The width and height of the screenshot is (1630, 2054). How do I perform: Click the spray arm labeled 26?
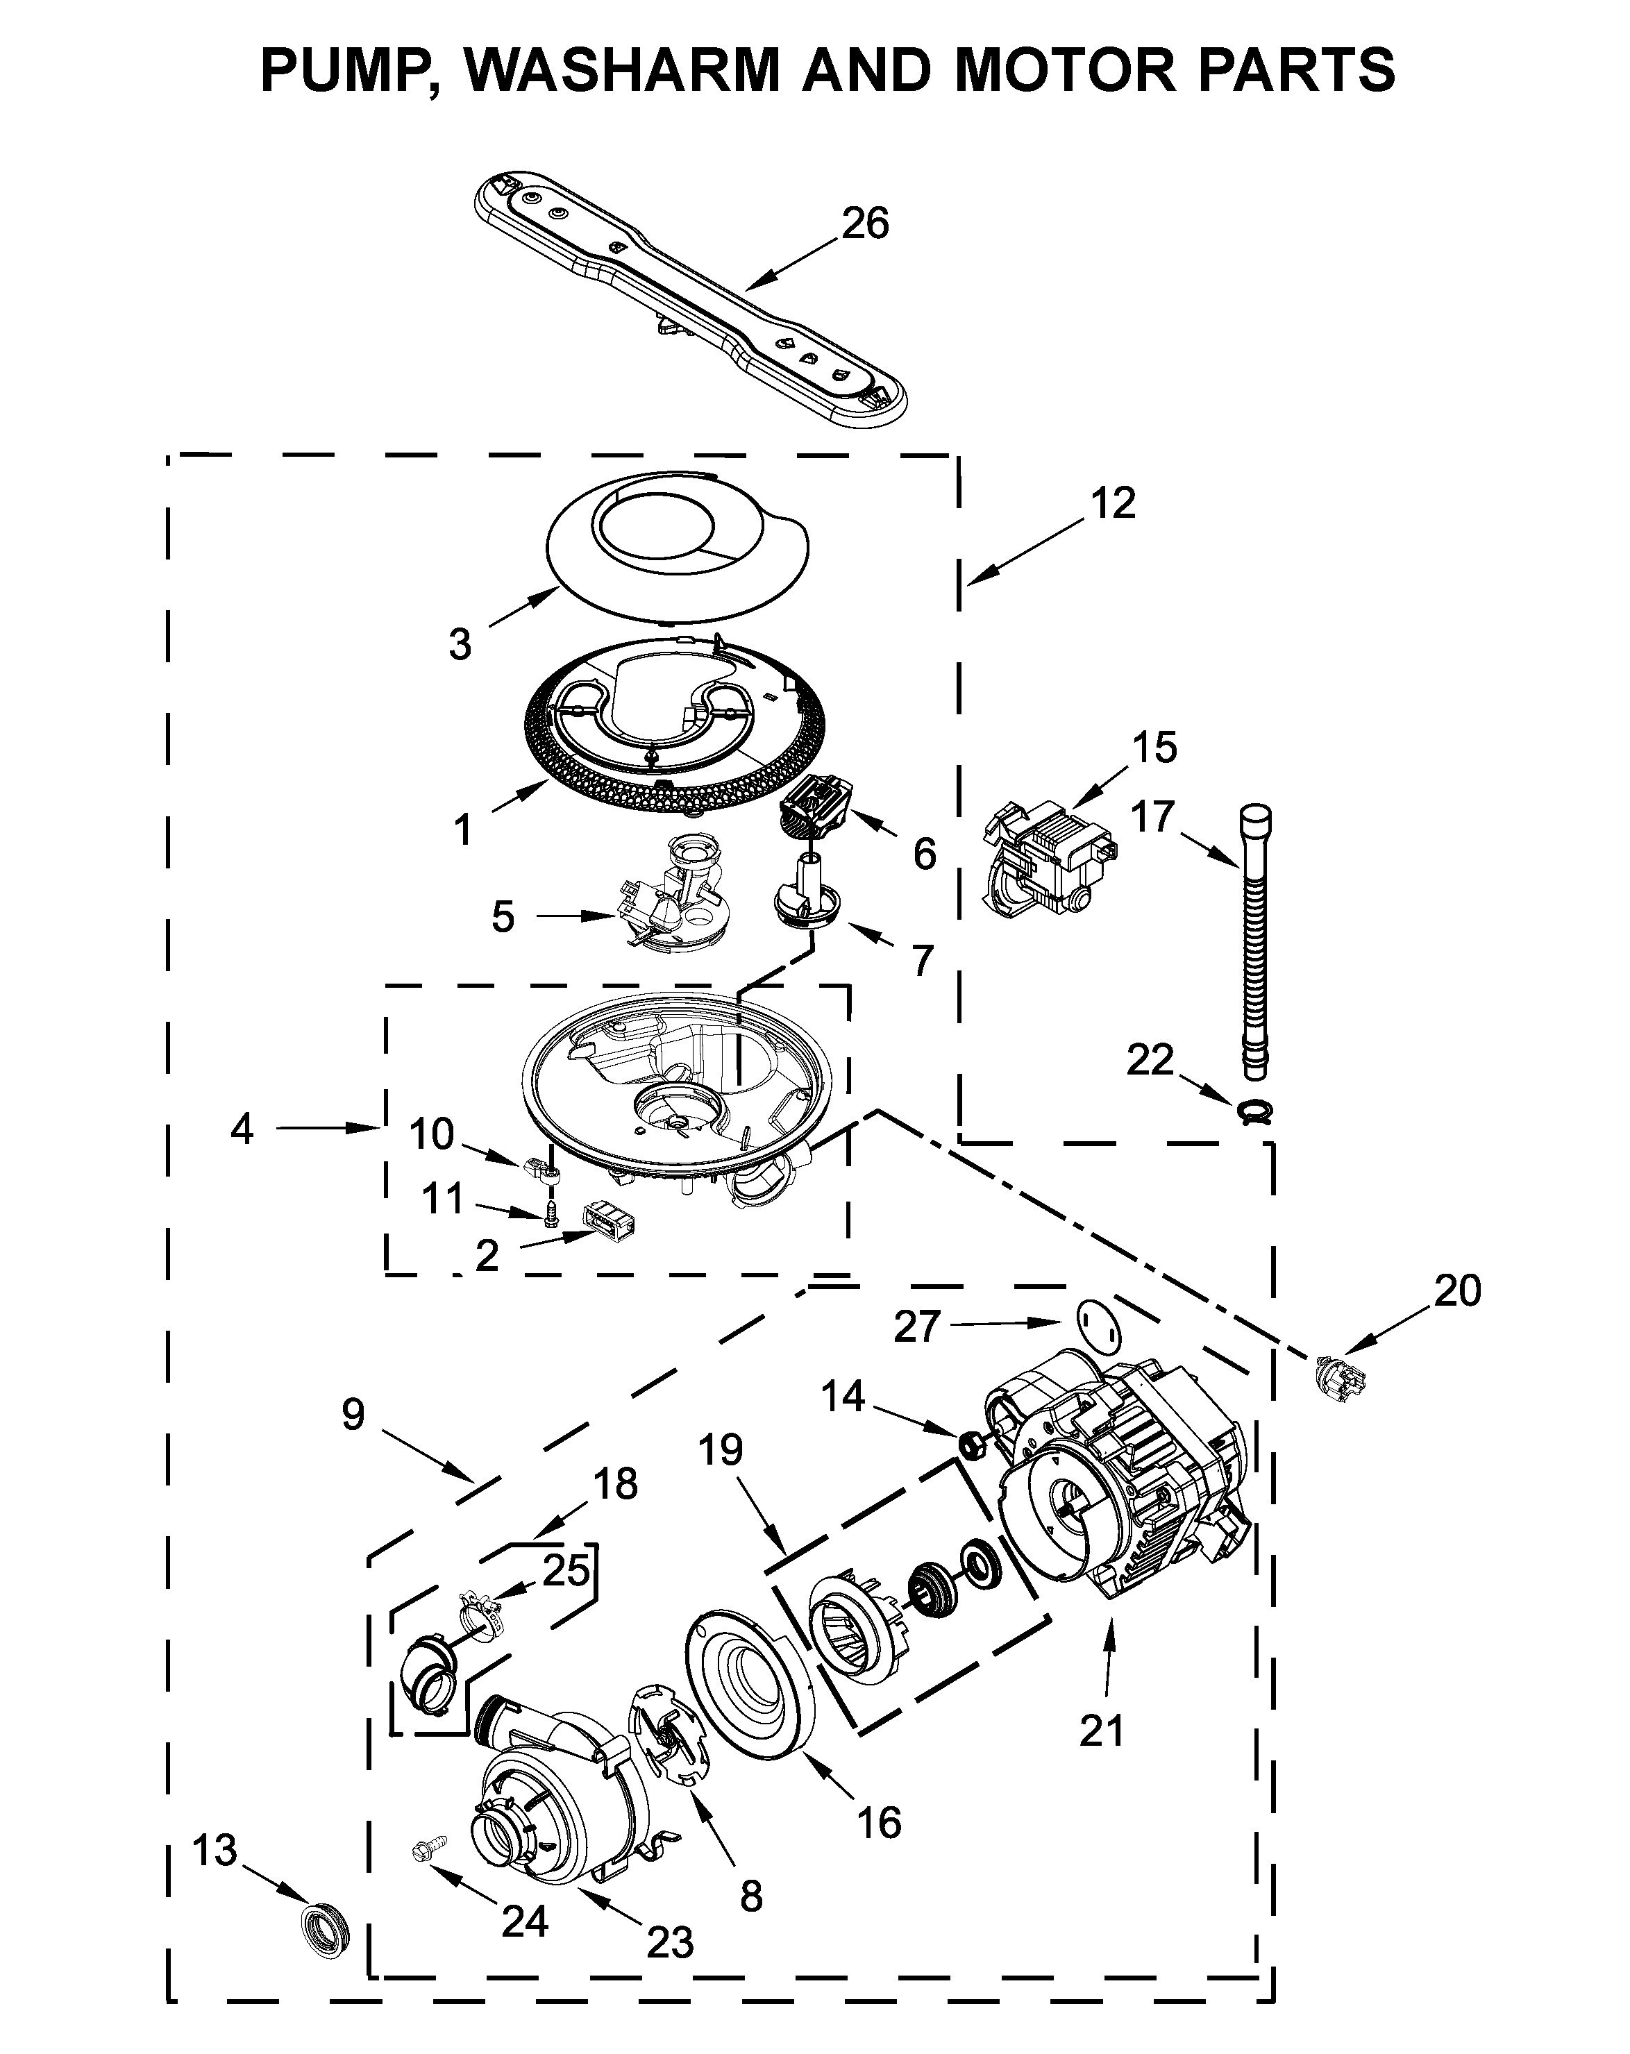click(686, 295)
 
